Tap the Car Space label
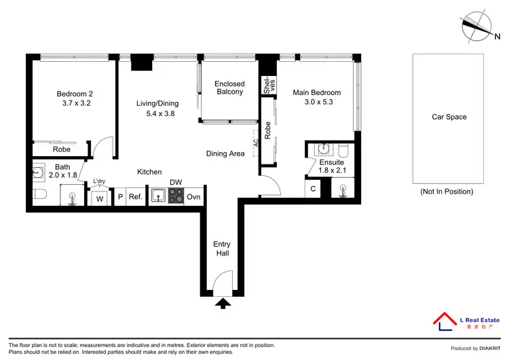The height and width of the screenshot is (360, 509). click(x=449, y=117)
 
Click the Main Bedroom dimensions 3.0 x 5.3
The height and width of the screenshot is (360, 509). click(x=316, y=103)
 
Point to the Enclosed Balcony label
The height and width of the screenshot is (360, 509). click(x=229, y=88)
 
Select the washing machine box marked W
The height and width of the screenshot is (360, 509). click(x=100, y=198)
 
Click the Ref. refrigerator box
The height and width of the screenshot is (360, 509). click(x=135, y=198)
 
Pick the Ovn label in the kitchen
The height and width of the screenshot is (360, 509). click(x=193, y=198)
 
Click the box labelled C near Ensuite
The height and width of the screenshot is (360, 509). click(x=313, y=190)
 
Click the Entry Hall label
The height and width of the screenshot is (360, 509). click(x=222, y=249)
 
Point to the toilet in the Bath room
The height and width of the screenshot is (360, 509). click(x=39, y=196)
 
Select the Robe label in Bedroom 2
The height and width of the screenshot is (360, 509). click(x=62, y=149)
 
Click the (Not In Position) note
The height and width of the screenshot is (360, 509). click(x=446, y=192)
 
